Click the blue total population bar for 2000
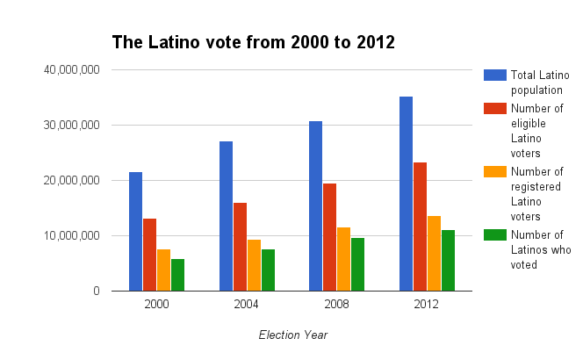point(135,232)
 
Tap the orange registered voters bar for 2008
point(344,259)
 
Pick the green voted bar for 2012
point(448,261)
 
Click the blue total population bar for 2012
point(406,194)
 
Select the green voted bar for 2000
point(177,275)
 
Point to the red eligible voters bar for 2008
point(330,237)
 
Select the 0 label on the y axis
point(97,291)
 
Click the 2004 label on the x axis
point(247,304)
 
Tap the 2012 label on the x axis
point(427,304)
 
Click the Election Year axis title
point(292,335)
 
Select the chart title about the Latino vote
point(253,41)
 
